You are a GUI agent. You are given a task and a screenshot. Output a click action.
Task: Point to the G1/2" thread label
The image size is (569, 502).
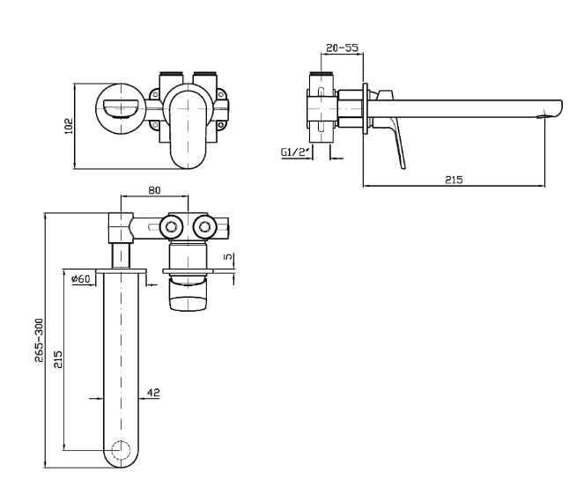click(293, 153)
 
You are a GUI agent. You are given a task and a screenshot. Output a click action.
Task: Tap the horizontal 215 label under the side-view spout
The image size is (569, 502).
click(453, 179)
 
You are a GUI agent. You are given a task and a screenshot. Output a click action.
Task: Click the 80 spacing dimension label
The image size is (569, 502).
click(154, 188)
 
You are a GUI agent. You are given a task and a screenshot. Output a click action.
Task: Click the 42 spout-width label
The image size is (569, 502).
click(152, 394)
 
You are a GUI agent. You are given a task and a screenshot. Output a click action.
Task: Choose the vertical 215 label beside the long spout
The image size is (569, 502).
click(60, 359)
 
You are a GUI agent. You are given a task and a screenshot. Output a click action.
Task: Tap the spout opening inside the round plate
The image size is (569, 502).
click(119, 108)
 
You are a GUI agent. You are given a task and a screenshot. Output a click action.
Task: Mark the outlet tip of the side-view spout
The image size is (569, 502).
click(553, 111)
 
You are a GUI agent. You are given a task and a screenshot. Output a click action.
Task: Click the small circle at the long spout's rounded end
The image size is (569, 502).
click(122, 454)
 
